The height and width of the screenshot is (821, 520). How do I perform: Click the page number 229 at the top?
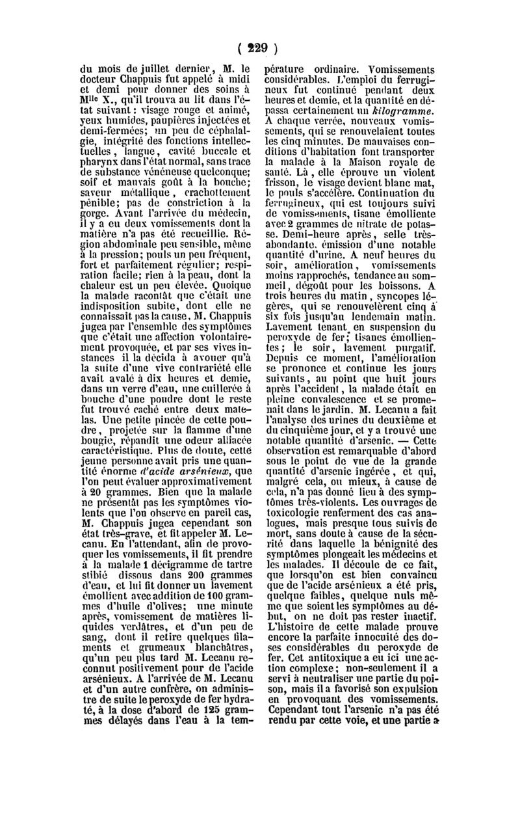[x=261, y=48]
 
